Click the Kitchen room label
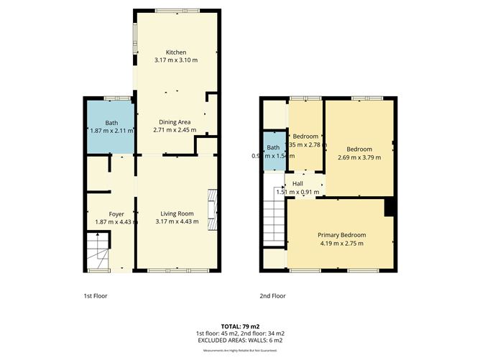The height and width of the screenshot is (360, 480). pyautogui.click(x=176, y=52)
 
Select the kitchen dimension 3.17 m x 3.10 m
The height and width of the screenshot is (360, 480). pyautogui.click(x=176, y=60)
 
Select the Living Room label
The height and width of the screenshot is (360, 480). pyautogui.click(x=177, y=213)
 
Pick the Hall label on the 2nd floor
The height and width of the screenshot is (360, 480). pyautogui.click(x=297, y=184)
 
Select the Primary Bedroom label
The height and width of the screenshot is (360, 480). pyautogui.click(x=342, y=235)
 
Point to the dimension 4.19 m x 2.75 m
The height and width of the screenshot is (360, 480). pyautogui.click(x=342, y=244)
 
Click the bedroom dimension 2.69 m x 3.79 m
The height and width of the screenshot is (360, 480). pyautogui.click(x=359, y=157)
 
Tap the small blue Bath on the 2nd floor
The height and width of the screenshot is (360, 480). pyautogui.click(x=272, y=152)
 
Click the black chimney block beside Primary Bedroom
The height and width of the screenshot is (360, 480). pyautogui.click(x=389, y=207)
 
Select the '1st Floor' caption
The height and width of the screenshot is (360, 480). pyautogui.click(x=95, y=295)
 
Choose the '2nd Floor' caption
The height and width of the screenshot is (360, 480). pyautogui.click(x=272, y=295)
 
